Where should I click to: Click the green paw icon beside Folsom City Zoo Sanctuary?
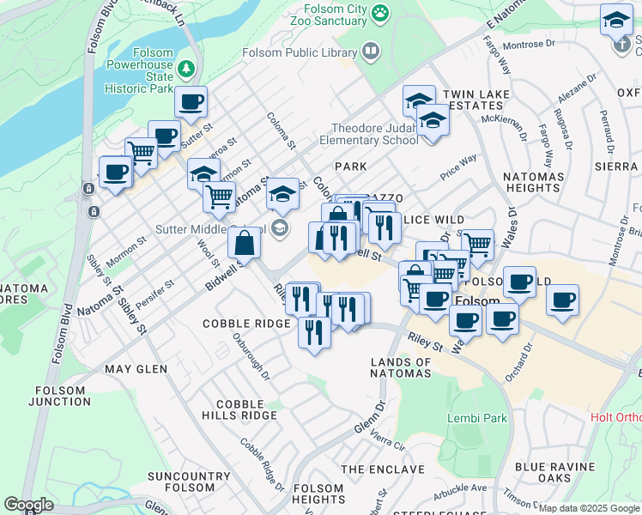[379, 13]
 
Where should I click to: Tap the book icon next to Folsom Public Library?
[371, 51]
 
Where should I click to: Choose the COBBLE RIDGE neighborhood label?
[246, 324]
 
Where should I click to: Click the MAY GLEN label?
[136, 369]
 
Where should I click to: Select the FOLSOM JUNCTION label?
[60, 396]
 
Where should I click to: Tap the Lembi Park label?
[477, 418]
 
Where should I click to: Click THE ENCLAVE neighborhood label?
[383, 470]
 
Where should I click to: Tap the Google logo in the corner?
[28, 505]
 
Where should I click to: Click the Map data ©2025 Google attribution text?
[589, 508]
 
